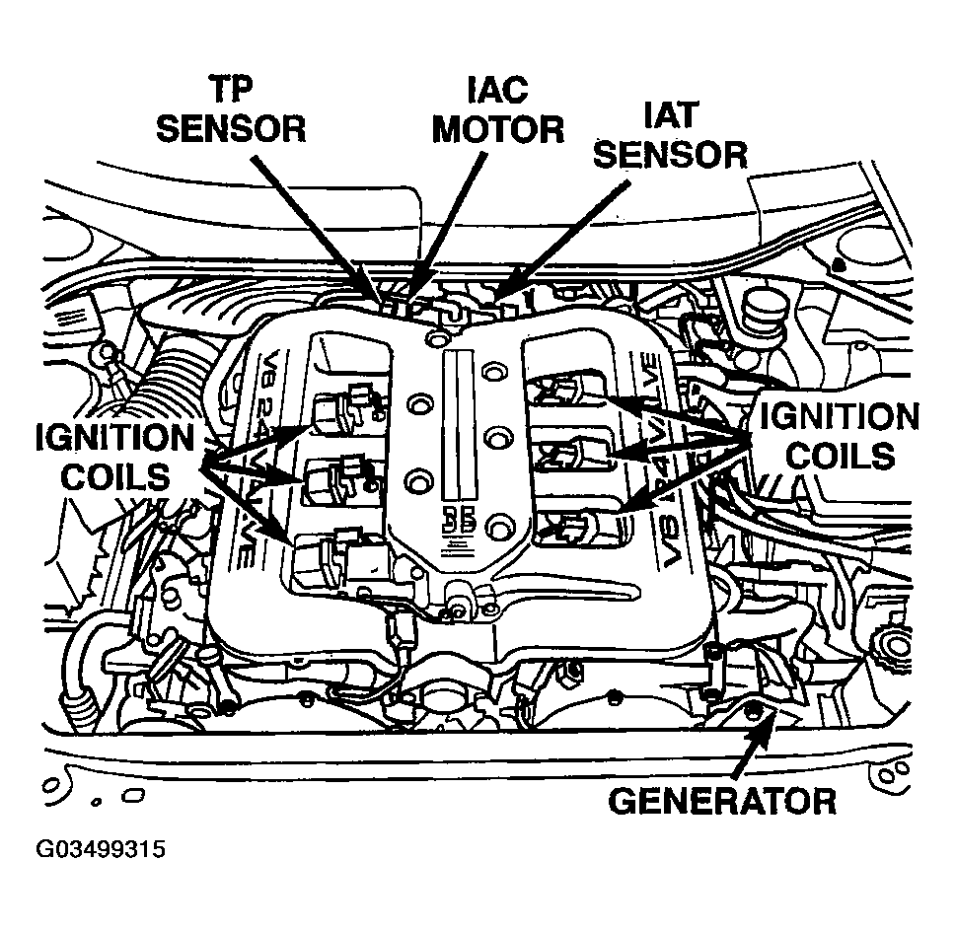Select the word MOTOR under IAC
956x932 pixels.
(x=498, y=129)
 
